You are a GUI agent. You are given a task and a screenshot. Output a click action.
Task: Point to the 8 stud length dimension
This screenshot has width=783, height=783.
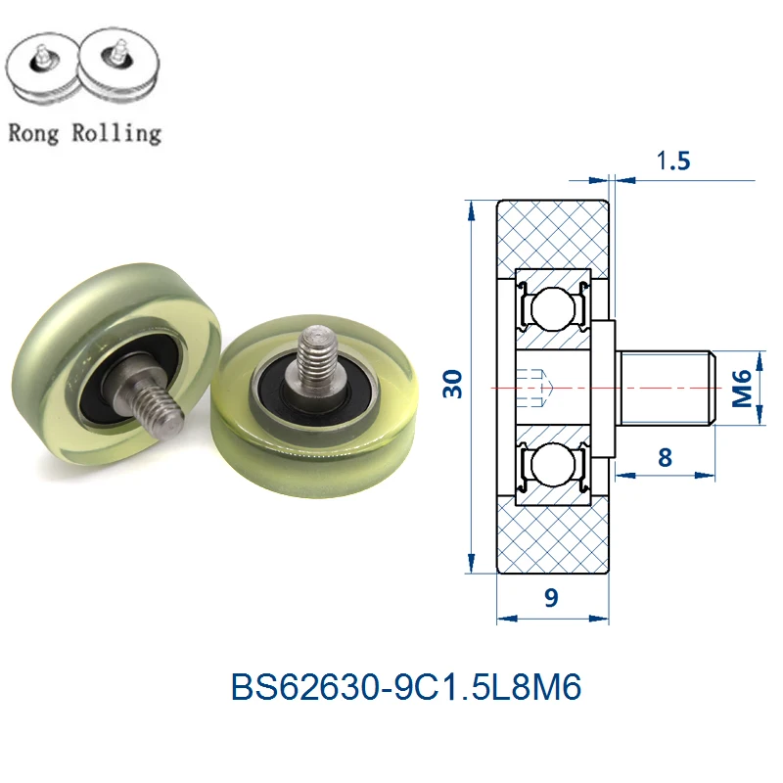tap(667, 456)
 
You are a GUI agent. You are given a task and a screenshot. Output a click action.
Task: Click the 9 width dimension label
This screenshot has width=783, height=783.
tap(551, 599)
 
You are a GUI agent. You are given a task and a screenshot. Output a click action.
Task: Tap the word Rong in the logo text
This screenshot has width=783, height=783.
tap(35, 131)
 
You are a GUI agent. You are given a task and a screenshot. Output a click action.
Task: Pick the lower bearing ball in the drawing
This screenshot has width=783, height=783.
tap(554, 472)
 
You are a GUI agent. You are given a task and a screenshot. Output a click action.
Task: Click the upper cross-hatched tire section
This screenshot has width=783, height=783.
tap(554, 235)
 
